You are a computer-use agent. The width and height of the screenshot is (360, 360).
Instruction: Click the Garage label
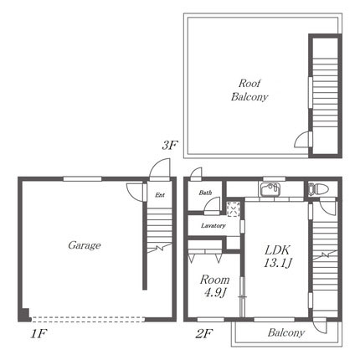pyautogui.click(x=85, y=245)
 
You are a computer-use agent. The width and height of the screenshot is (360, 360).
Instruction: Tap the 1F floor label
pyautogui.click(x=39, y=333)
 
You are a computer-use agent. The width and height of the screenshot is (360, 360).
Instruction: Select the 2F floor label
pyautogui.click(x=204, y=333)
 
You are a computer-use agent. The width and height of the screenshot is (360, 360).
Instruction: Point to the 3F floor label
pyautogui.click(x=170, y=146)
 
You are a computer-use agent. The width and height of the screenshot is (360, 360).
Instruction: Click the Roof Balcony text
pyautogui.click(x=249, y=90)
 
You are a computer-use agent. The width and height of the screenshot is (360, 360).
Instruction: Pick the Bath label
pyautogui.click(x=205, y=193)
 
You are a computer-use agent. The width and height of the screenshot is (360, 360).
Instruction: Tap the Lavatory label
pyautogui.click(x=213, y=225)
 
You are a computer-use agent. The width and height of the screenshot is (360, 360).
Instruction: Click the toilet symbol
pyautogui.click(x=318, y=189)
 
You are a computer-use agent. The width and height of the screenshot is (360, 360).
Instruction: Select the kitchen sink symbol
pyautogui.click(x=270, y=190)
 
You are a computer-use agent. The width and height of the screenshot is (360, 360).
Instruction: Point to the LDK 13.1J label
pyautogui.click(x=278, y=256)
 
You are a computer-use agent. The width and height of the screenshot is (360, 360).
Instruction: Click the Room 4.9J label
pyautogui.click(x=214, y=285)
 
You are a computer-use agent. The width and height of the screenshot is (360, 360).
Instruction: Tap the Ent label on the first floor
pyautogui.click(x=160, y=195)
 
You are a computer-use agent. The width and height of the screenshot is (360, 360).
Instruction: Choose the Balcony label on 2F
pyautogui.click(x=285, y=332)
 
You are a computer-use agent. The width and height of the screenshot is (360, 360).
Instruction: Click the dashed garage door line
pyautogui.click(x=88, y=319)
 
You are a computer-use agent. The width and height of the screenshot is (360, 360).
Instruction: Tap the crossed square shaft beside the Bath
pyautogui.click(x=233, y=209)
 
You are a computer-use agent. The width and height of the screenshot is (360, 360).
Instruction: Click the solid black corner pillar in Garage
pyautogui.click(x=24, y=314)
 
